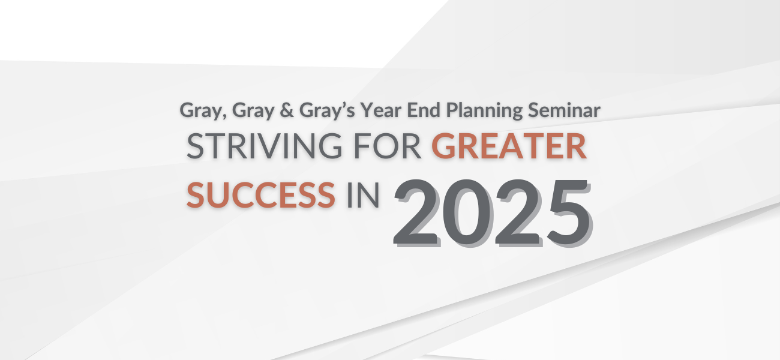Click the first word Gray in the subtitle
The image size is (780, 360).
click(x=197, y=110)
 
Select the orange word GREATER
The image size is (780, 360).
click(x=509, y=147)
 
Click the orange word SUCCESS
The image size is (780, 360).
click(x=261, y=195)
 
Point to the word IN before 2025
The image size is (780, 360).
click(x=363, y=195)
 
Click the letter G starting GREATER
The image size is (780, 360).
click(x=444, y=147)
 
